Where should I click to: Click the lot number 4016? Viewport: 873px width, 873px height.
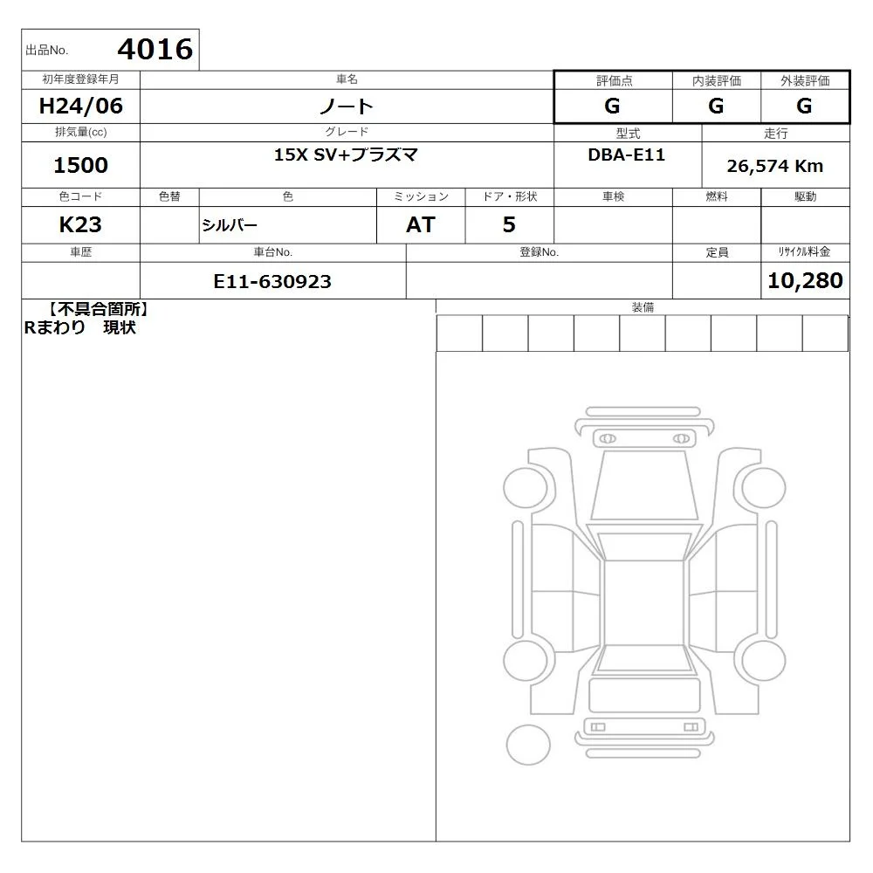(155, 49)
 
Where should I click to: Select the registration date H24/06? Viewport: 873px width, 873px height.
(80, 106)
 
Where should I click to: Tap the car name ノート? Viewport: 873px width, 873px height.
(347, 107)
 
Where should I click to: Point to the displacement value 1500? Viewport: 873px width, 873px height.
(80, 165)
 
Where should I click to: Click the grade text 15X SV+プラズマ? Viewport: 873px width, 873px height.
(346, 155)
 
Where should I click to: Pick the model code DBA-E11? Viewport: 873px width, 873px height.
(626, 155)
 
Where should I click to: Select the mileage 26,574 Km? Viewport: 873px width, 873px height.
(775, 166)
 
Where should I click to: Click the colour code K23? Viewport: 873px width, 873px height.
(80, 224)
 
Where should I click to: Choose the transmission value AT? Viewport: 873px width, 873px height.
(421, 224)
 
